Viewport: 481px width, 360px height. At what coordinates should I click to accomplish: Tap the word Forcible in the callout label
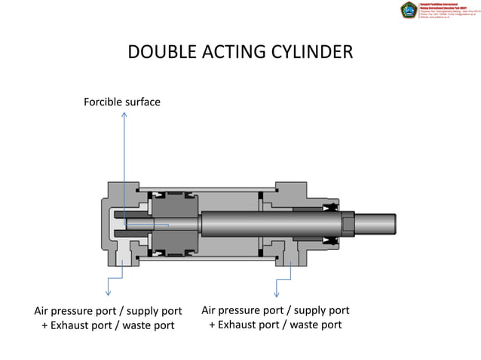point(103,102)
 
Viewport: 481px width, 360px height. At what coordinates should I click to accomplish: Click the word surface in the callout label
point(142,102)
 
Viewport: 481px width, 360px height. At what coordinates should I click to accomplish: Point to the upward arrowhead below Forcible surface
point(124,116)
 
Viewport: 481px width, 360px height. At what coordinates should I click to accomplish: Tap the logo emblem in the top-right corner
point(409,10)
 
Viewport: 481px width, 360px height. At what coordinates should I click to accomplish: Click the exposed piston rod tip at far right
point(376,224)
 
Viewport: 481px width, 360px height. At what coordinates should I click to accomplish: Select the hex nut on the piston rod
point(347,224)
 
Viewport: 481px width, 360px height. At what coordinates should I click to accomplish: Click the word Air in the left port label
point(44,311)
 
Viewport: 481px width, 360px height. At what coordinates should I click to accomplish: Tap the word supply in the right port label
point(310,310)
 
